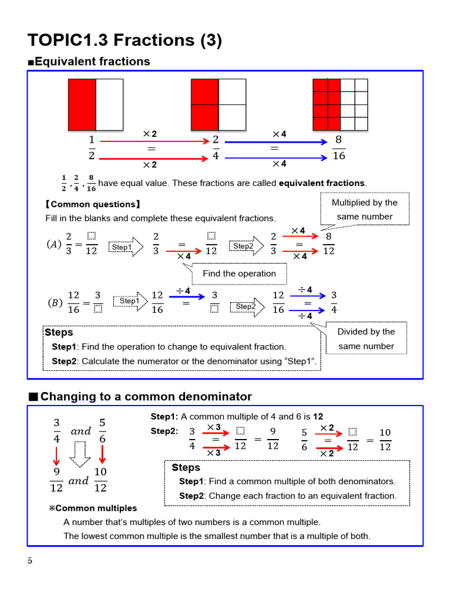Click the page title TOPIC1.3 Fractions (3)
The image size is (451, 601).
click(124, 40)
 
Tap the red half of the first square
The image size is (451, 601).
click(82, 104)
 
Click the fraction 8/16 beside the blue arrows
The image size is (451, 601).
click(339, 148)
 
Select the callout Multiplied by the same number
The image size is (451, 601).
click(364, 210)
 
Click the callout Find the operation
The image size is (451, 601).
click(239, 274)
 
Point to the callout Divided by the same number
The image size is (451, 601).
click(366, 339)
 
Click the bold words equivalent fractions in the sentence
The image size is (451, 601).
click(321, 183)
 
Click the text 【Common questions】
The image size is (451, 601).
click(93, 204)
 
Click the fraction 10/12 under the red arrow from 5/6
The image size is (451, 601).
click(100, 480)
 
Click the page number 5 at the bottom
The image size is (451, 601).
click(30, 560)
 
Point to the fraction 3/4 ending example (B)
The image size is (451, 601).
click(334, 302)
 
